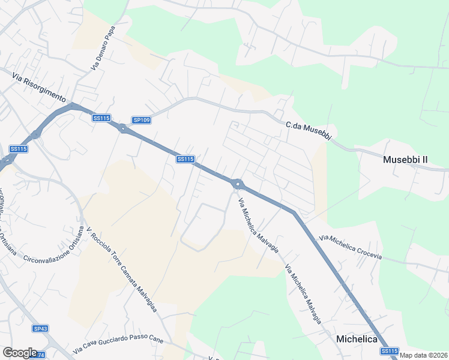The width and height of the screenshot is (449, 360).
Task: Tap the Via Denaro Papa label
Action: coord(103,48)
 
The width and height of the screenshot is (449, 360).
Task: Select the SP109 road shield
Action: coord(142,120)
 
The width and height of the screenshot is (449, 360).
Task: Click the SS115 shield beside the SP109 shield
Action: coord(101,118)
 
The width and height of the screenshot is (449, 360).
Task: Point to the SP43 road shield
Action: coord(40,328)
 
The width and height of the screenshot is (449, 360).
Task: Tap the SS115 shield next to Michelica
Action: coord(389,351)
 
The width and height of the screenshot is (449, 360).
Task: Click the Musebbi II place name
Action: coord(406,160)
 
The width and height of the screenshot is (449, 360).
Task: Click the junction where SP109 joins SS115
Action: coord(123,128)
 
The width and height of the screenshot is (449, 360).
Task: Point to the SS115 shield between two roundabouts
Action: coord(185,159)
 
